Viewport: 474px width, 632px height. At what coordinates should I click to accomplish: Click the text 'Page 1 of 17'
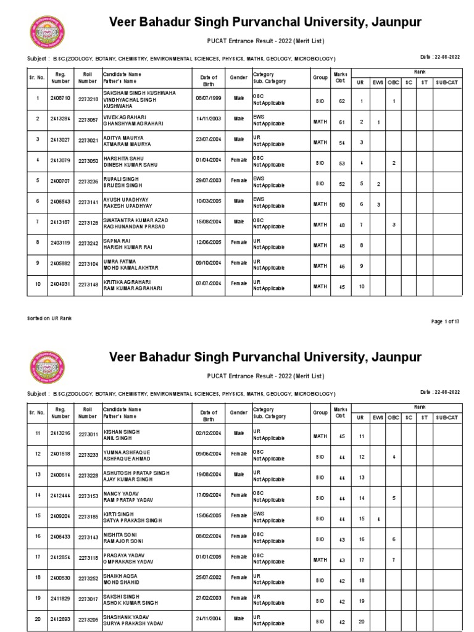click(x=444, y=322)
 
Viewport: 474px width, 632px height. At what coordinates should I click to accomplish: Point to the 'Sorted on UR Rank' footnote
click(x=50, y=318)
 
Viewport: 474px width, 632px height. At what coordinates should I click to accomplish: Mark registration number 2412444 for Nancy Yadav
click(x=60, y=495)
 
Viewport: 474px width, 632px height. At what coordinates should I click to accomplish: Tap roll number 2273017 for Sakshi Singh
click(x=88, y=599)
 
